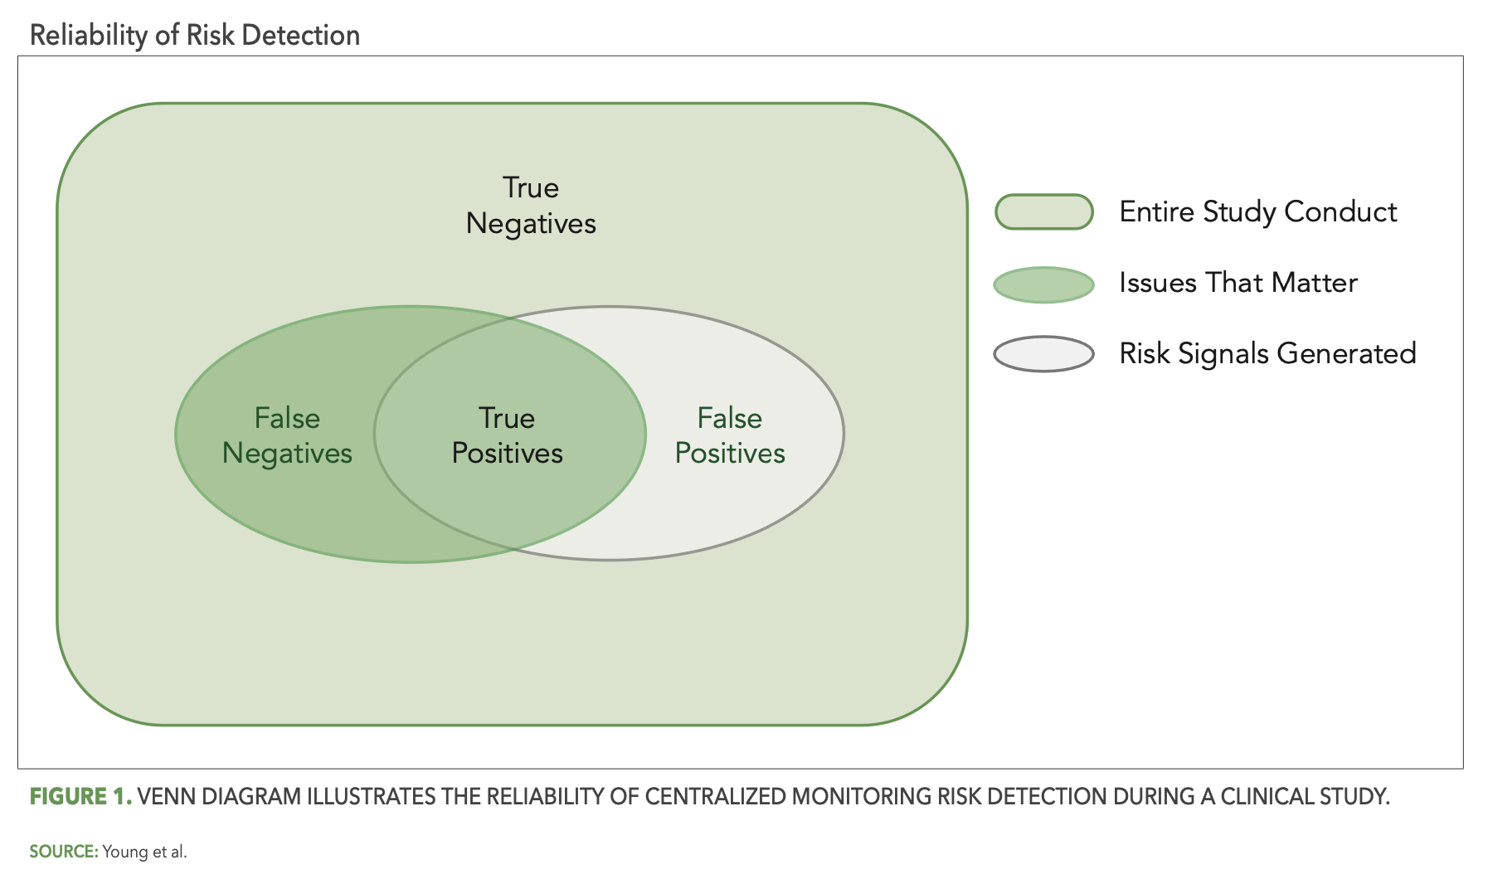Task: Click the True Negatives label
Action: (531, 206)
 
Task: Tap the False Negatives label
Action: (287, 435)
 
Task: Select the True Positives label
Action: (507, 435)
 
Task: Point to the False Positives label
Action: (730, 435)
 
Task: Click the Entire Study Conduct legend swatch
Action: (1043, 211)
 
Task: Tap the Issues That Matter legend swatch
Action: (1043, 284)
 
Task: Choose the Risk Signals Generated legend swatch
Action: (1043, 354)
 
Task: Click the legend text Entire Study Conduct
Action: (1257, 211)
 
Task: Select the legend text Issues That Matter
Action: (1238, 283)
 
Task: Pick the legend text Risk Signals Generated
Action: (1267, 353)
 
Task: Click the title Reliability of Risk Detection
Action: (195, 35)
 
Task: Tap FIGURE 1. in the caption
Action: (80, 797)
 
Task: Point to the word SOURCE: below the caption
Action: (64, 852)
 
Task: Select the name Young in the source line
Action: (124, 852)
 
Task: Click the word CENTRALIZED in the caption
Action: (716, 797)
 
